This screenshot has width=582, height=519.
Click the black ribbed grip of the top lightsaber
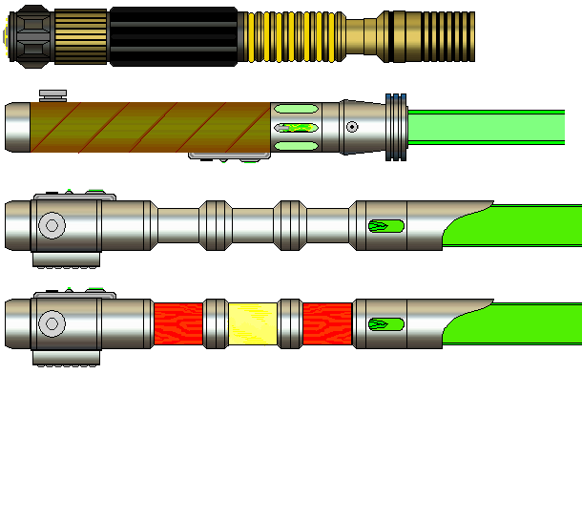[173, 36]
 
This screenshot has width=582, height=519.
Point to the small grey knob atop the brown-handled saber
[52, 93]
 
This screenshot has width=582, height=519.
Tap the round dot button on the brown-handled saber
[352, 127]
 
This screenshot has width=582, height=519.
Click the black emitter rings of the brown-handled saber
[395, 128]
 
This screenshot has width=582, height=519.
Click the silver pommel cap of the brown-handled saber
[17, 128]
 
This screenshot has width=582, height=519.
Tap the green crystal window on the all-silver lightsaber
[385, 226]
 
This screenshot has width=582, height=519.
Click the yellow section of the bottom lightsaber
[253, 324]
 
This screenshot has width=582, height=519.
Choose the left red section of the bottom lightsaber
[177, 324]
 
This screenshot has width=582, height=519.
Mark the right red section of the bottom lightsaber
[327, 324]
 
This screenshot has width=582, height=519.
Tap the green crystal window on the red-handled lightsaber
[385, 324]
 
